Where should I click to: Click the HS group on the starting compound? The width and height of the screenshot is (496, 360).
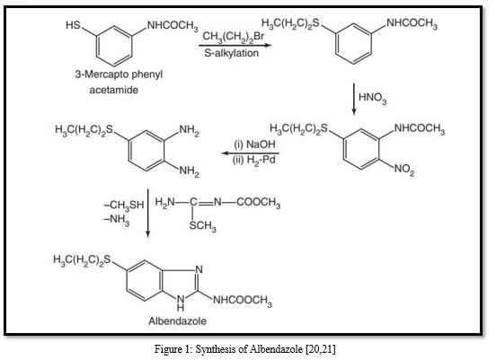[73, 25]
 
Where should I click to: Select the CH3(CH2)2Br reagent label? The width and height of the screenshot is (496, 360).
[233, 37]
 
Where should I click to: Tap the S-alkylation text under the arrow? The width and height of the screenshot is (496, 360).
[231, 53]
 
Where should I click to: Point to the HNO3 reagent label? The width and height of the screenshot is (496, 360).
[372, 97]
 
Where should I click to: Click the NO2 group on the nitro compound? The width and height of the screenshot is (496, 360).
[404, 170]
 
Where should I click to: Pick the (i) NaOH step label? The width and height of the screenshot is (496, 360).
[254, 145]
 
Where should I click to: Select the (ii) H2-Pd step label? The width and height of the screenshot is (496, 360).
[254, 160]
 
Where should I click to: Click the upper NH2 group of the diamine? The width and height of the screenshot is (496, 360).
[190, 130]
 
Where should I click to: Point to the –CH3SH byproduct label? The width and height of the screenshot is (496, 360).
[124, 205]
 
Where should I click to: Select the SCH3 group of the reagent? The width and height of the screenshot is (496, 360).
[203, 226]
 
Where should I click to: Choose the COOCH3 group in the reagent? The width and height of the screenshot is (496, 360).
[258, 202]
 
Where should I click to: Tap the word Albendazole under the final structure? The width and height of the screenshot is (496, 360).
[177, 321]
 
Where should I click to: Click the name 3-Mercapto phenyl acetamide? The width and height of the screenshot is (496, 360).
[119, 82]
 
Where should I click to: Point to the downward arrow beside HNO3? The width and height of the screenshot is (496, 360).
[354, 99]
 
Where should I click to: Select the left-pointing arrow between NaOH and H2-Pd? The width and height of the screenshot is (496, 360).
[250, 154]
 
